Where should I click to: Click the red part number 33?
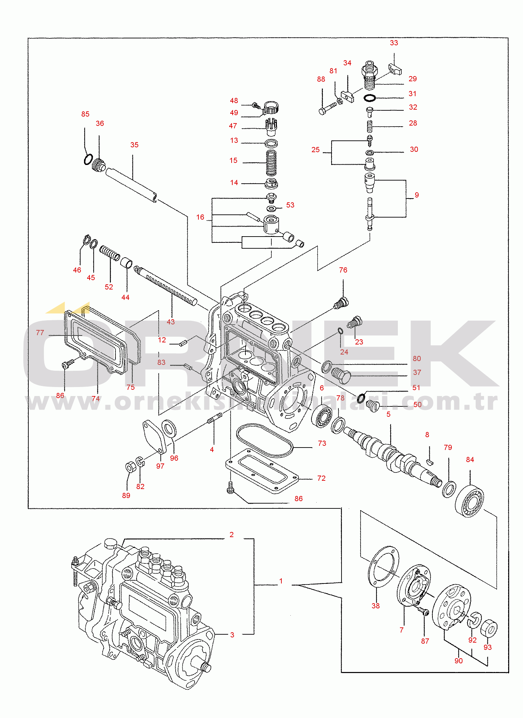pos(394,43)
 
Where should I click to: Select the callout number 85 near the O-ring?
pos(85,114)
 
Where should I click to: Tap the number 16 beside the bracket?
pos(200,217)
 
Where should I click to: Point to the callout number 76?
pos(343,270)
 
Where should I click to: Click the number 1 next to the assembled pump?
pos(281,581)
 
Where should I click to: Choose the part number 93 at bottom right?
pos(487,647)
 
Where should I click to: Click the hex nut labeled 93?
pos(489,628)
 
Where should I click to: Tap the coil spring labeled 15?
pos(271,163)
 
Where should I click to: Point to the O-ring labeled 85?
pos(88,159)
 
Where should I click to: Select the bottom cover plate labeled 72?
pos(263,471)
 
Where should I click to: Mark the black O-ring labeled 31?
pos(370,98)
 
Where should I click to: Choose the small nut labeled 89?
pos(130,467)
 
